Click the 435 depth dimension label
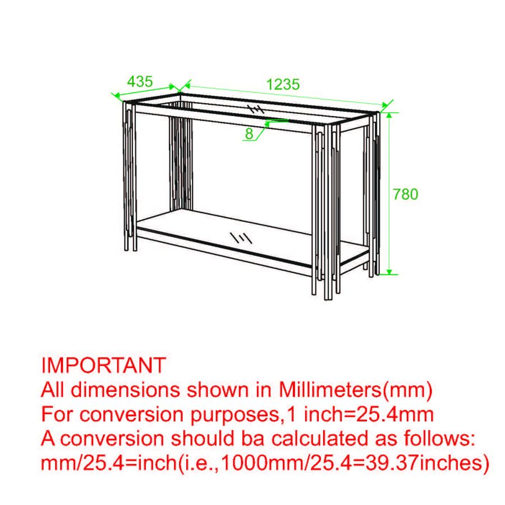140,81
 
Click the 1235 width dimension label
283,85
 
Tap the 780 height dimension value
406,194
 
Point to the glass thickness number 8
249,134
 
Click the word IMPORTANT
104,365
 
